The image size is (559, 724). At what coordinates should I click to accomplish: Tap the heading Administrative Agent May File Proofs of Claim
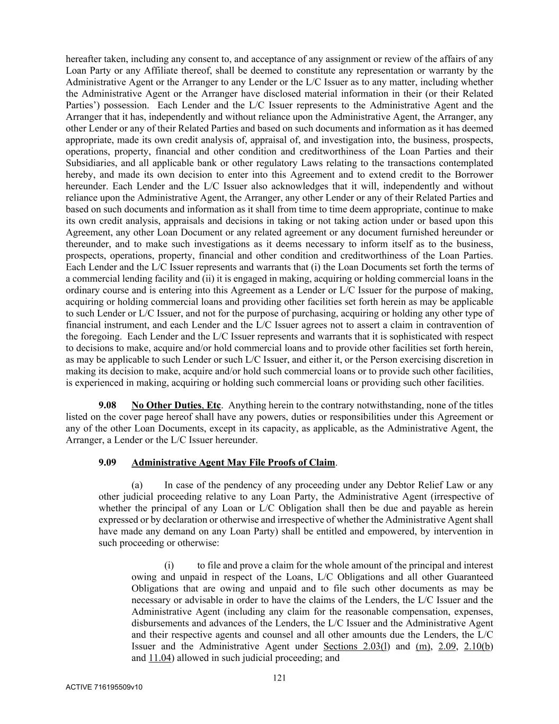(x=233, y=463)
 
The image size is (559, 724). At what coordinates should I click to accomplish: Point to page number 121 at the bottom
(x=279, y=677)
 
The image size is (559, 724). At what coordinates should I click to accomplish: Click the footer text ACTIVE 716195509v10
(x=104, y=687)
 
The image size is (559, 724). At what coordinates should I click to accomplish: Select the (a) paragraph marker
(x=137, y=485)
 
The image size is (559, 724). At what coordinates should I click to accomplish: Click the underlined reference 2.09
(x=448, y=647)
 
